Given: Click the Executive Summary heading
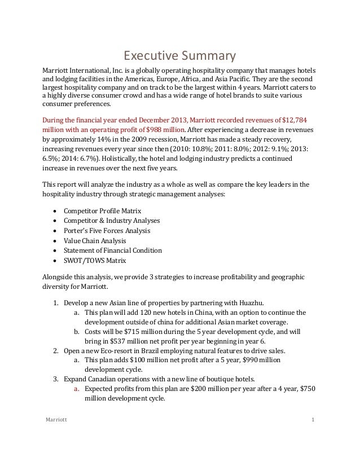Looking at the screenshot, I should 179,56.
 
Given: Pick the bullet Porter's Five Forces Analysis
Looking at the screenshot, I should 107,230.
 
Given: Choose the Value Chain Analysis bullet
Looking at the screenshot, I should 95,240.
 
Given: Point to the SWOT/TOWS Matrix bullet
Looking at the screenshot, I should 95,260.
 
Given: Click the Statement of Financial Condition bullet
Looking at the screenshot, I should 113,250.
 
